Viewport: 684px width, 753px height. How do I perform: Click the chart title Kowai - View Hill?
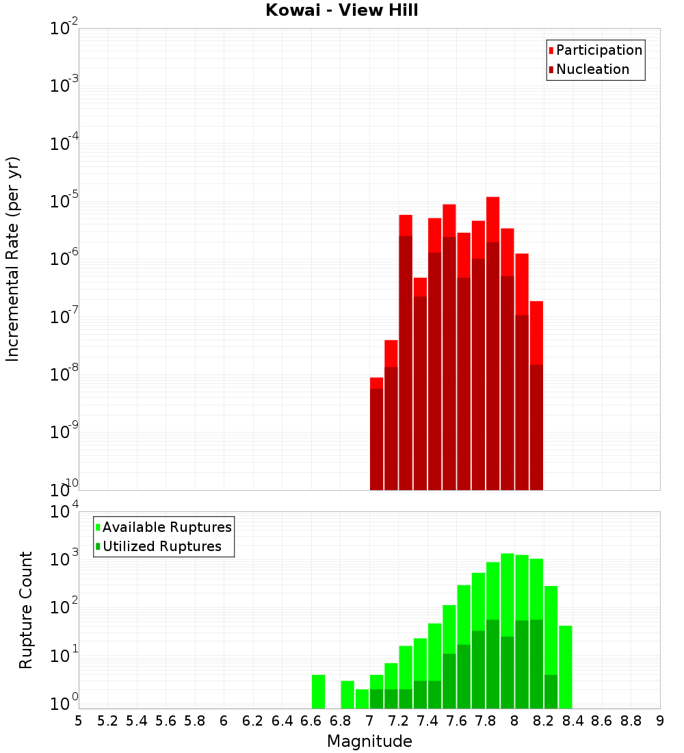click(x=341, y=11)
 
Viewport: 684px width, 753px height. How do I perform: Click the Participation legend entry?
click(x=598, y=50)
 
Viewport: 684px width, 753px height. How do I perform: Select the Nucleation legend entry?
click(x=592, y=69)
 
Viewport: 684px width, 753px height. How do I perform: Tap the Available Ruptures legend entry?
click(x=166, y=527)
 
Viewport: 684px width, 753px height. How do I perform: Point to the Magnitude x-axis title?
click(x=369, y=741)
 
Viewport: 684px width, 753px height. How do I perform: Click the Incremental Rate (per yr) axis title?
click(x=13, y=259)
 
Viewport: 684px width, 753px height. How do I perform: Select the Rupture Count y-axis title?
click(x=26, y=610)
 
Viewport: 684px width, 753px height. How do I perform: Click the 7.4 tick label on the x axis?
click(x=428, y=721)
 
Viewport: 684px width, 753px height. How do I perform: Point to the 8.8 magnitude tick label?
click(x=631, y=721)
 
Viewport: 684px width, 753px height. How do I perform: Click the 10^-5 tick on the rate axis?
click(x=64, y=201)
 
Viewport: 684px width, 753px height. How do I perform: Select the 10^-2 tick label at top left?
click(x=64, y=29)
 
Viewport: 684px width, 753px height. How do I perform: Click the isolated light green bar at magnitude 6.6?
click(x=318, y=691)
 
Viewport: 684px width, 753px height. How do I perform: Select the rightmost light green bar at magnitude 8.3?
click(x=565, y=667)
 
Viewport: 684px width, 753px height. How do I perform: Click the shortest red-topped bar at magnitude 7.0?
click(x=376, y=383)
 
